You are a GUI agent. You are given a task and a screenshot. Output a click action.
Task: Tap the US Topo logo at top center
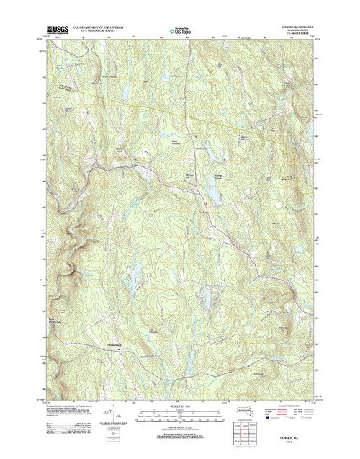click(180, 31)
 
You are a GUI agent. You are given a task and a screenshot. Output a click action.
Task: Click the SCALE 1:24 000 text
click(179, 406)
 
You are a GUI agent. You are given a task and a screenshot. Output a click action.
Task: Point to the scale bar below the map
click(179, 415)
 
